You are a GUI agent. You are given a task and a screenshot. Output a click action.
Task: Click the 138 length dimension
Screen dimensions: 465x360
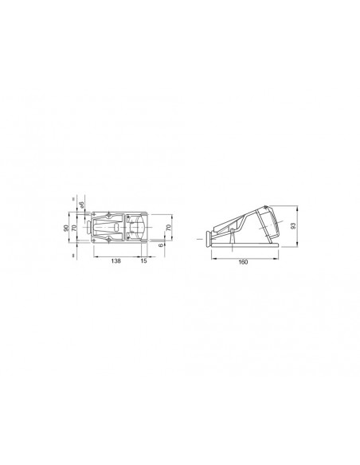(x=115, y=261)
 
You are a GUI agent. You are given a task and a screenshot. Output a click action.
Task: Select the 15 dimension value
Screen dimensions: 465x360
(x=144, y=261)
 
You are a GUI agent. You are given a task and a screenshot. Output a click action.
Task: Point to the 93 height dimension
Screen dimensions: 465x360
(x=295, y=226)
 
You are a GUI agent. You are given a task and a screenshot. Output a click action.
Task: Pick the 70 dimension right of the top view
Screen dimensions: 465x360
(x=167, y=228)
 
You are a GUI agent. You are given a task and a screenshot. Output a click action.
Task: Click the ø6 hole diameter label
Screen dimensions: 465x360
(x=81, y=209)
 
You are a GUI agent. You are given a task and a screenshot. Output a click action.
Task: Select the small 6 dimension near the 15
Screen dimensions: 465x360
(x=159, y=245)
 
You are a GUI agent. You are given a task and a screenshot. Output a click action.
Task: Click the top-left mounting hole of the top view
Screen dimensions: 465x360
(x=96, y=213)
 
